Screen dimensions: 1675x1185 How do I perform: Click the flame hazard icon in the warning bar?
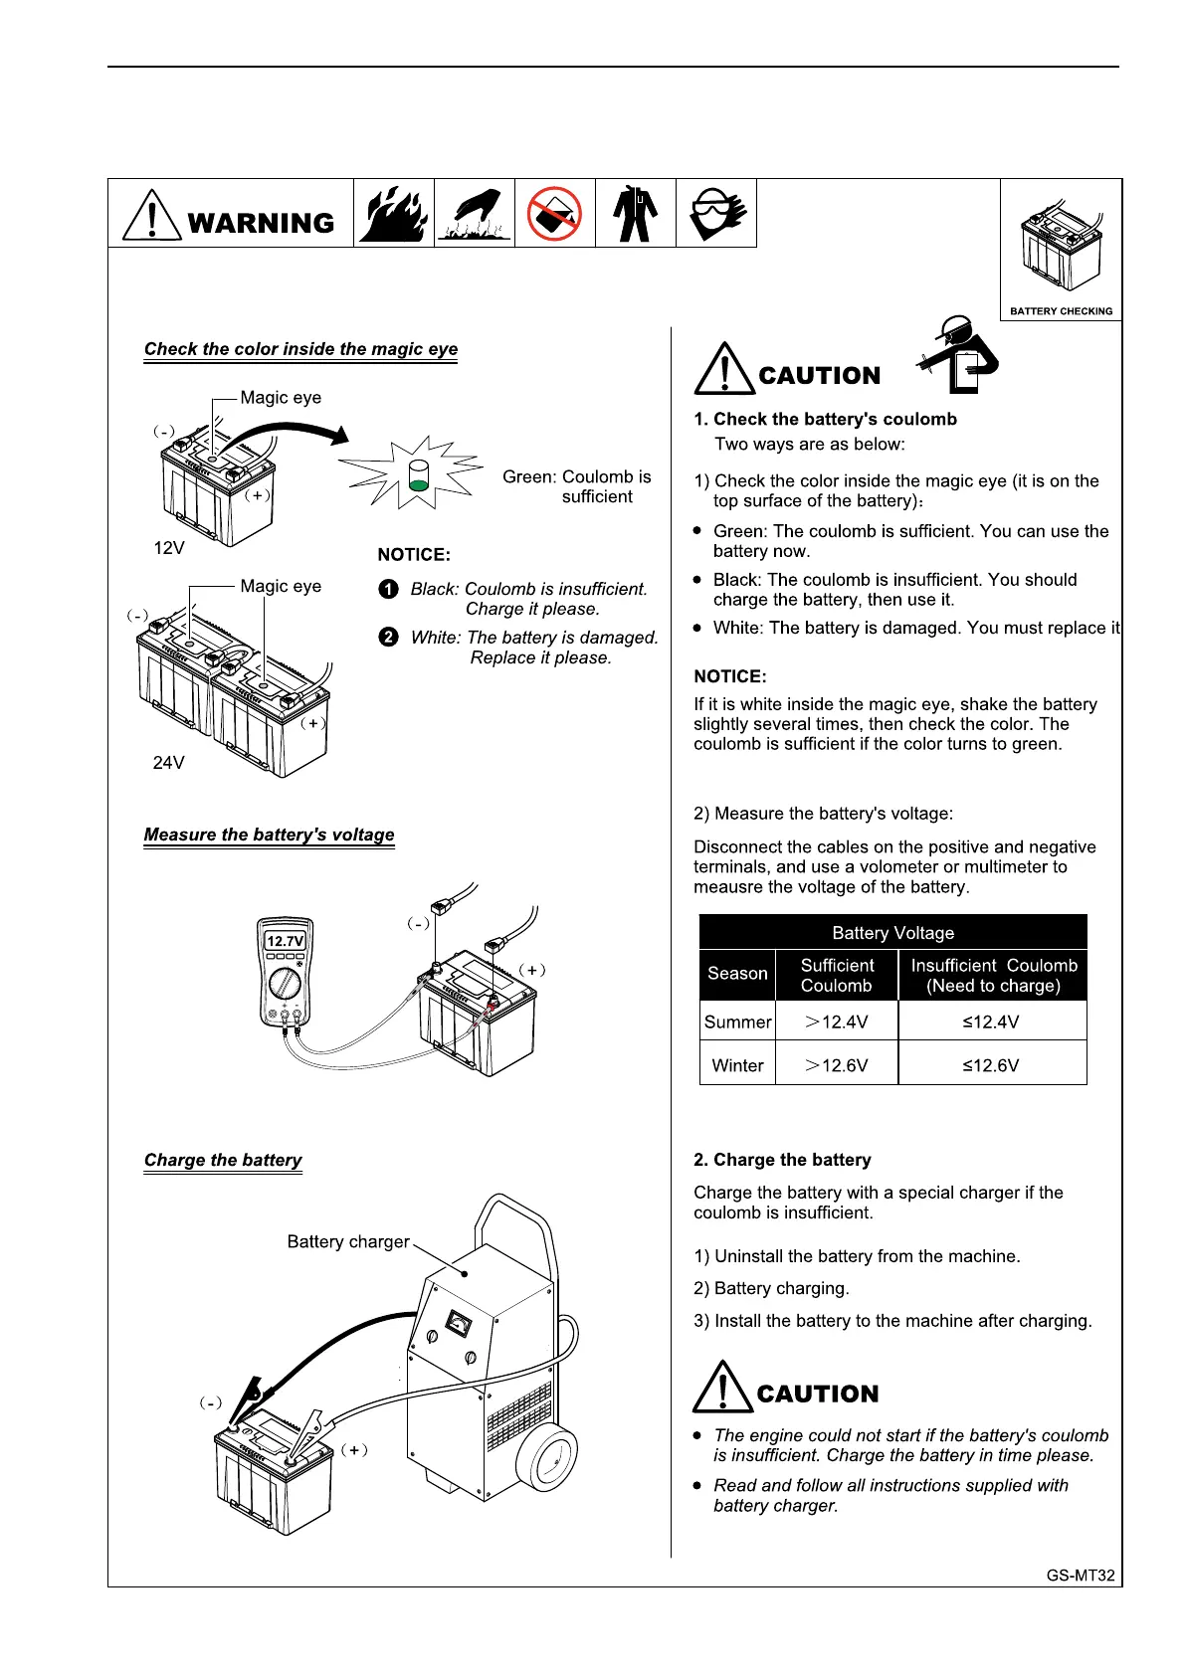[x=394, y=213]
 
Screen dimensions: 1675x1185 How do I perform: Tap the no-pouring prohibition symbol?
[x=554, y=213]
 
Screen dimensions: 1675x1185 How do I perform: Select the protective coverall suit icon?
[x=635, y=213]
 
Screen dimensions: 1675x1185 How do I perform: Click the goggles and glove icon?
[x=716, y=213]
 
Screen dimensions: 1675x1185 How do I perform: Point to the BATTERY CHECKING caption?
[x=1061, y=311]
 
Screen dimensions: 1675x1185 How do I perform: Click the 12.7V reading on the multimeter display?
[x=285, y=941]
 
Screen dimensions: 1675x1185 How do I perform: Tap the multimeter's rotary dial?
[x=286, y=984]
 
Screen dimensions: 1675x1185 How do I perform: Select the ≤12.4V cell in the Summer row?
[x=991, y=1022]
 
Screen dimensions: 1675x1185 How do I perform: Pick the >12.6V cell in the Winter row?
[x=836, y=1065]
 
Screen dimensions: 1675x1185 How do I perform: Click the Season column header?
[x=737, y=974]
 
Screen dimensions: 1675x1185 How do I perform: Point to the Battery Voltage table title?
[x=892, y=933]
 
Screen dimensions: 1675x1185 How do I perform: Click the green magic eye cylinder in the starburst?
[x=419, y=476]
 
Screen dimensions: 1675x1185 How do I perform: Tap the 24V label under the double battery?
[x=168, y=763]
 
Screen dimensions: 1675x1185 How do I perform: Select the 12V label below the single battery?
[x=169, y=548]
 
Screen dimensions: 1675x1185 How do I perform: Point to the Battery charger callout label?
[x=348, y=1241]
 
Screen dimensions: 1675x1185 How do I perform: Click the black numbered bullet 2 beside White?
[x=389, y=638]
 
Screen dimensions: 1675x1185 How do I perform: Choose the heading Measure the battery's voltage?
[x=269, y=835]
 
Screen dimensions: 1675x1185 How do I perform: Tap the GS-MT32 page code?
[x=1081, y=1576]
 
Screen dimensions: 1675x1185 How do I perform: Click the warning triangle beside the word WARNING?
[x=150, y=215]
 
